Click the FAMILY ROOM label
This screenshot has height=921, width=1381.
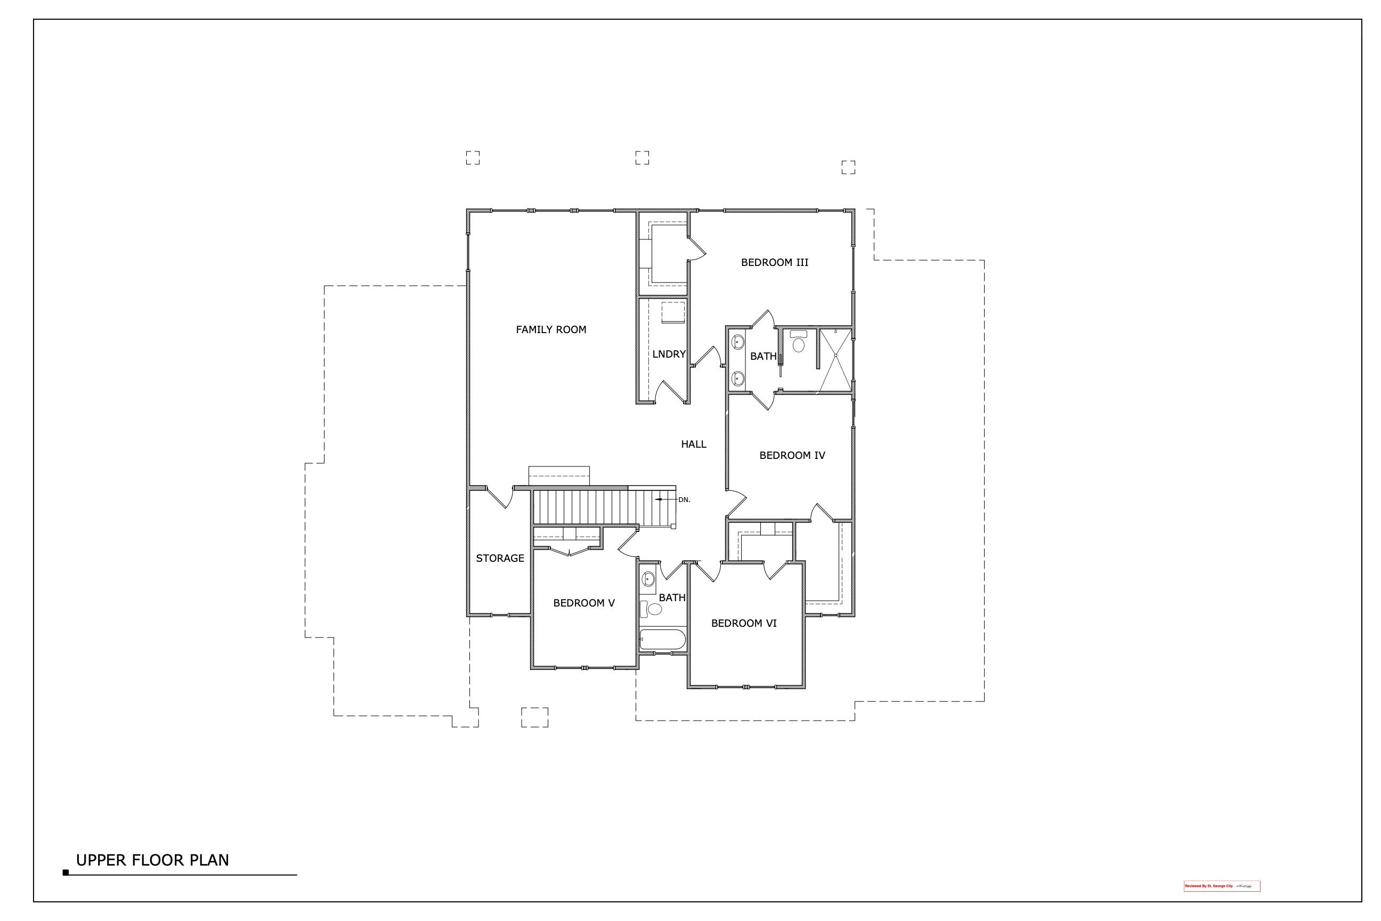pyautogui.click(x=551, y=329)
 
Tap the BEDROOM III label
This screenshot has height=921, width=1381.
pyautogui.click(x=775, y=263)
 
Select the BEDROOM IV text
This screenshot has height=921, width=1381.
pyautogui.click(x=792, y=455)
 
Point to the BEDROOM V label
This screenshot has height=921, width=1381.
pyautogui.click(x=583, y=603)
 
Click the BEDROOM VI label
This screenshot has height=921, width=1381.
pyautogui.click(x=743, y=623)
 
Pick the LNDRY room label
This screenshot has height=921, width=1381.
pyautogui.click(x=669, y=354)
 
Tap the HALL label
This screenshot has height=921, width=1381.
pyautogui.click(x=694, y=444)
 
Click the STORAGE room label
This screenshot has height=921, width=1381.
pyautogui.click(x=500, y=558)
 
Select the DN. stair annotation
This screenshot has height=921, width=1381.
pyautogui.click(x=684, y=500)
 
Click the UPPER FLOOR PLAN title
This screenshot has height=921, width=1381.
pyautogui.click(x=152, y=860)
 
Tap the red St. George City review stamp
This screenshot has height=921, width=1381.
pyautogui.click(x=1221, y=902)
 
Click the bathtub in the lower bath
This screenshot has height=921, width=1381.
pyautogui.click(x=662, y=640)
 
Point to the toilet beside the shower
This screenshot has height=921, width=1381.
pyautogui.click(x=799, y=342)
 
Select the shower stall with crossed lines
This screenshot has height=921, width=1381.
pyautogui.click(x=835, y=360)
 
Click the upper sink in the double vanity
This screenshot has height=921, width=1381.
pyautogui.click(x=738, y=341)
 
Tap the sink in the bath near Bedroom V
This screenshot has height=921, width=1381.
pyautogui.click(x=648, y=579)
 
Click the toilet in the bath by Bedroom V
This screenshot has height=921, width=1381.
pyautogui.click(x=652, y=609)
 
